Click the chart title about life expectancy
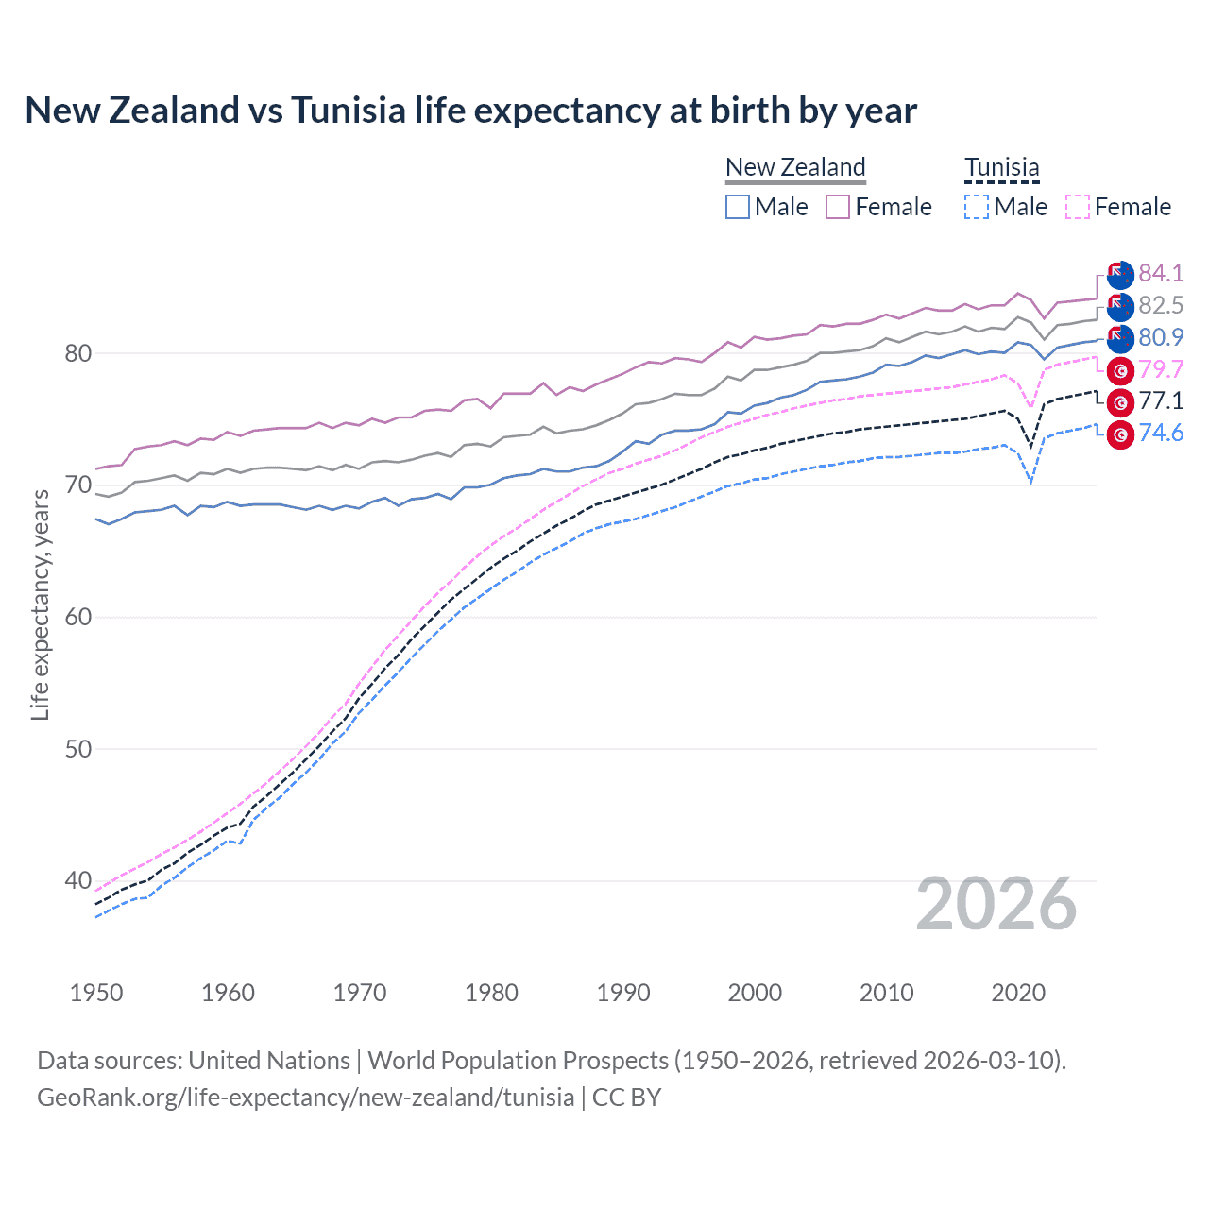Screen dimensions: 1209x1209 (470, 111)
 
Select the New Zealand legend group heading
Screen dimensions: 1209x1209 (795, 167)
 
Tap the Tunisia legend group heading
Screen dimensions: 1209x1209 (1001, 168)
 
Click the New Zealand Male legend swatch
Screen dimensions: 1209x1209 (738, 207)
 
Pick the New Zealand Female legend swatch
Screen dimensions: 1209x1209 (838, 207)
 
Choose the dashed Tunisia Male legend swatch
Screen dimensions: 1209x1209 (977, 207)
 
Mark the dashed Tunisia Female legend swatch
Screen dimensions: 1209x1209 (1077, 207)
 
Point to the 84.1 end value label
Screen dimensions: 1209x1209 (1161, 273)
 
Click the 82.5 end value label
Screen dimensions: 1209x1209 (1161, 305)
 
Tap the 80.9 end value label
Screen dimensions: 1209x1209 (1161, 337)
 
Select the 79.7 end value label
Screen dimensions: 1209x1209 (1161, 369)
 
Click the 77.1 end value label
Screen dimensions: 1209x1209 (1161, 401)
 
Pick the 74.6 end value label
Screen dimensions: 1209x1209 (1161, 434)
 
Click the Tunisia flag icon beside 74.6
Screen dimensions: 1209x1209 (1120, 434)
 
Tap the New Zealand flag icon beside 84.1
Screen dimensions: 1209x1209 (1120, 275)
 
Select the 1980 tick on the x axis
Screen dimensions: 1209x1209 (491, 993)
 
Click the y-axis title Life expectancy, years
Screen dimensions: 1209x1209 (40, 604)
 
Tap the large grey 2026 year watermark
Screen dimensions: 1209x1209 (996, 904)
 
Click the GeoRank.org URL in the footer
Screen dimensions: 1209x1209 (305, 1098)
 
